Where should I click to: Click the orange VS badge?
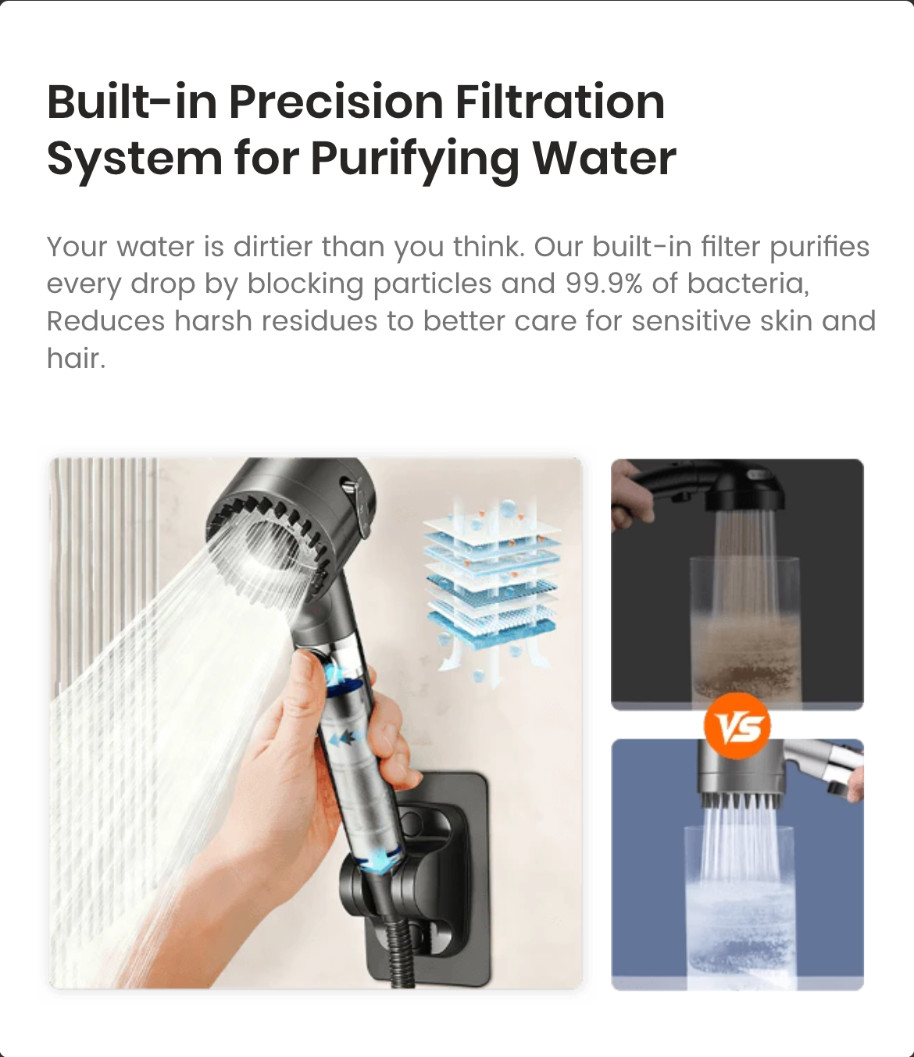coord(737,726)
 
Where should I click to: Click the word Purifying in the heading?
coord(415,159)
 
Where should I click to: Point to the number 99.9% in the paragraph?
coord(604,284)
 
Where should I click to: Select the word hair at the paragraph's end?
coord(77,358)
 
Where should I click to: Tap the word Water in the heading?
coord(605,159)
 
